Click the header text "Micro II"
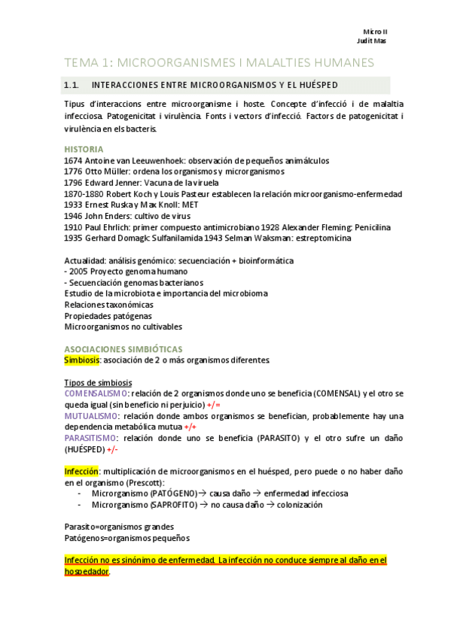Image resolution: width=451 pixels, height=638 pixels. (x=374, y=31)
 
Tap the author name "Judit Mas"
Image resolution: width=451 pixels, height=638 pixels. (x=371, y=41)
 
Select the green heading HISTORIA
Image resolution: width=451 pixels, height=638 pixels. (x=83, y=149)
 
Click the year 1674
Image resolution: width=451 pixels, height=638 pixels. (x=74, y=160)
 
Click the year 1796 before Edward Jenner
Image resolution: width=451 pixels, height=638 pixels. (x=74, y=183)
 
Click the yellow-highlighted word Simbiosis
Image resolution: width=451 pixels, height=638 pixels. (x=82, y=360)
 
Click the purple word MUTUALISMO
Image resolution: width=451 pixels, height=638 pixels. (x=91, y=416)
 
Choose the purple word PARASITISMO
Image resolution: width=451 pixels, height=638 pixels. (x=90, y=438)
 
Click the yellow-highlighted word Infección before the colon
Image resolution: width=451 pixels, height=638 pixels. (x=81, y=472)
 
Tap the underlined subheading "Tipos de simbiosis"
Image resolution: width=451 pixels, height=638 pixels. (x=99, y=383)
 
